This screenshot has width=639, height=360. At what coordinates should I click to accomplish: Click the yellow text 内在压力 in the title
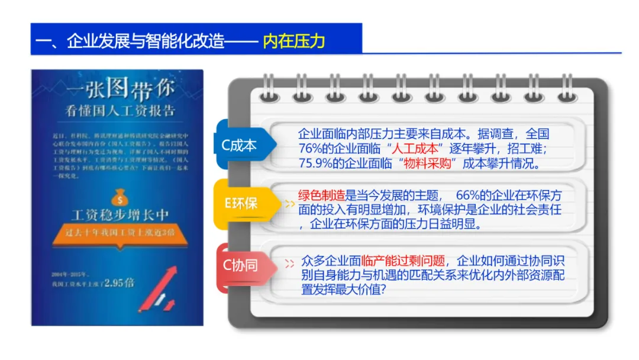tap(294, 41)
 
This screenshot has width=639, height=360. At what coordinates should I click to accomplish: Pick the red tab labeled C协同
tap(240, 265)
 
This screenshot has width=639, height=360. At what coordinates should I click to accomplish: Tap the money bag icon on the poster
tap(118, 195)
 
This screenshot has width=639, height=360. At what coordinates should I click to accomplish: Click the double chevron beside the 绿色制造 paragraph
tap(290, 203)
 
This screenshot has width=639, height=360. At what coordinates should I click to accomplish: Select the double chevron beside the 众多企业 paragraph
tap(290, 264)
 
